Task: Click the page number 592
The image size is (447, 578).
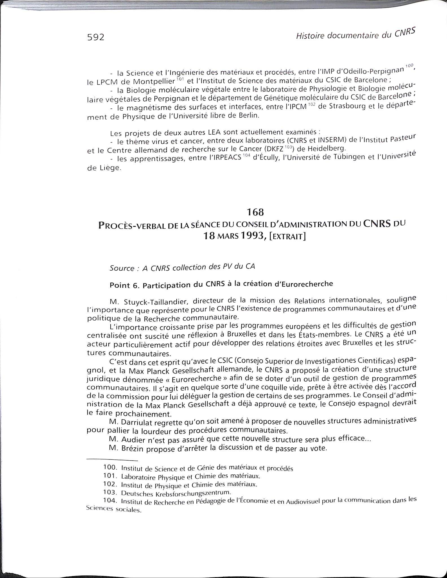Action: [x=96, y=37]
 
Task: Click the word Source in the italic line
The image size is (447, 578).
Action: [x=122, y=268]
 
